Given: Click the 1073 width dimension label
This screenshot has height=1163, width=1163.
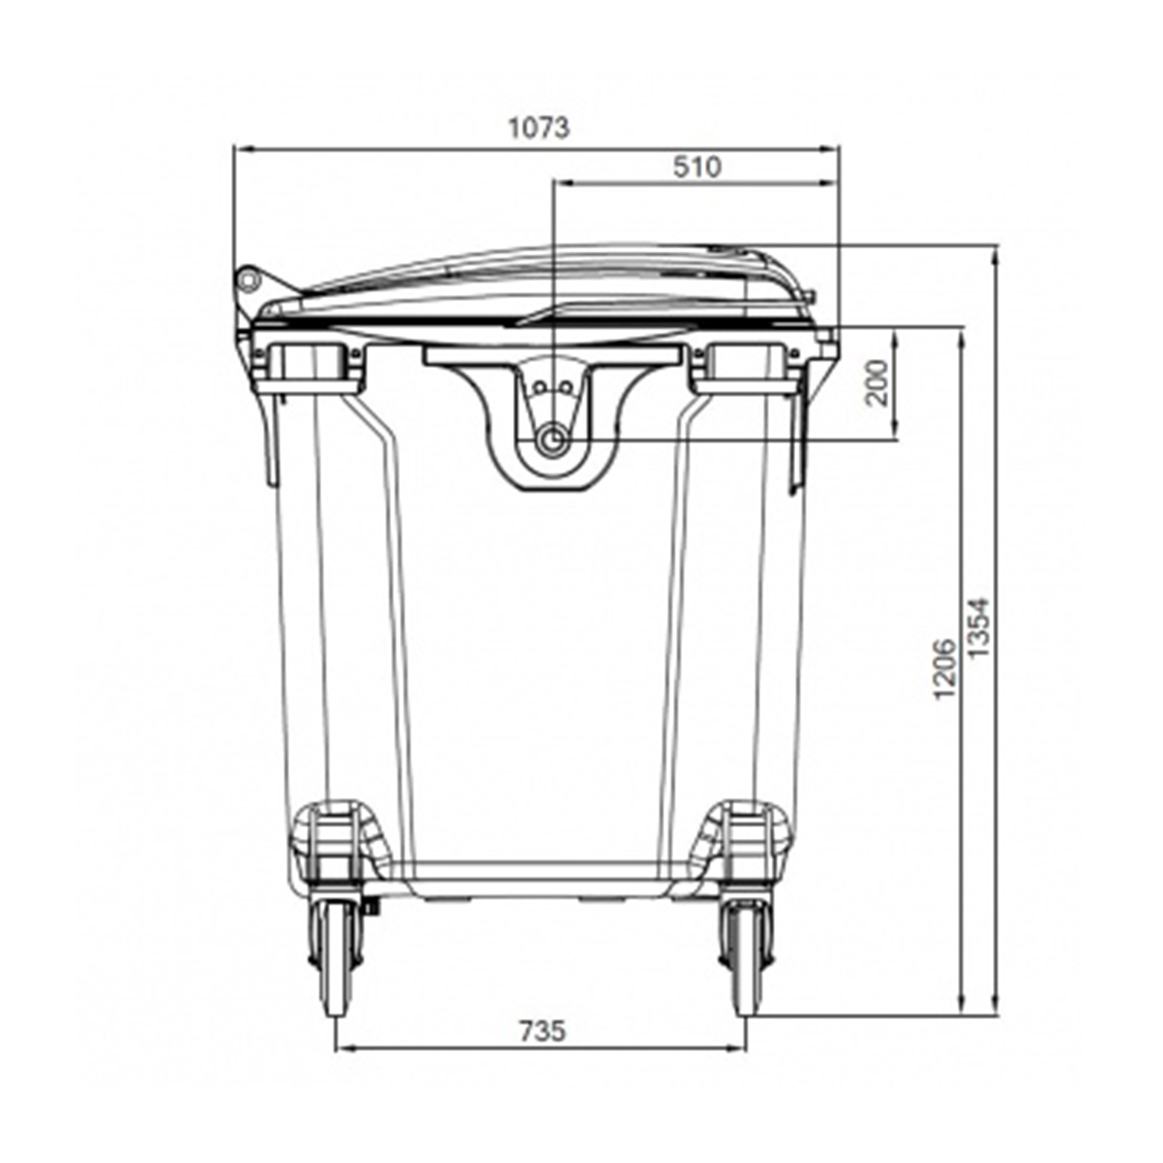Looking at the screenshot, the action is click(538, 128).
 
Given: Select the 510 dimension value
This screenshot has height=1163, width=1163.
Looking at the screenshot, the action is click(697, 167).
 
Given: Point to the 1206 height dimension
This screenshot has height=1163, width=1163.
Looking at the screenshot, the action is click(945, 668).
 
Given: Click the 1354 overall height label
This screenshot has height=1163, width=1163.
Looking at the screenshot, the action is click(979, 627).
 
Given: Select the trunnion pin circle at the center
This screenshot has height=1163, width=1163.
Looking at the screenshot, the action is click(552, 440).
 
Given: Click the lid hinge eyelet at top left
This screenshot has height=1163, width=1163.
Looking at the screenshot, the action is click(248, 279).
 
